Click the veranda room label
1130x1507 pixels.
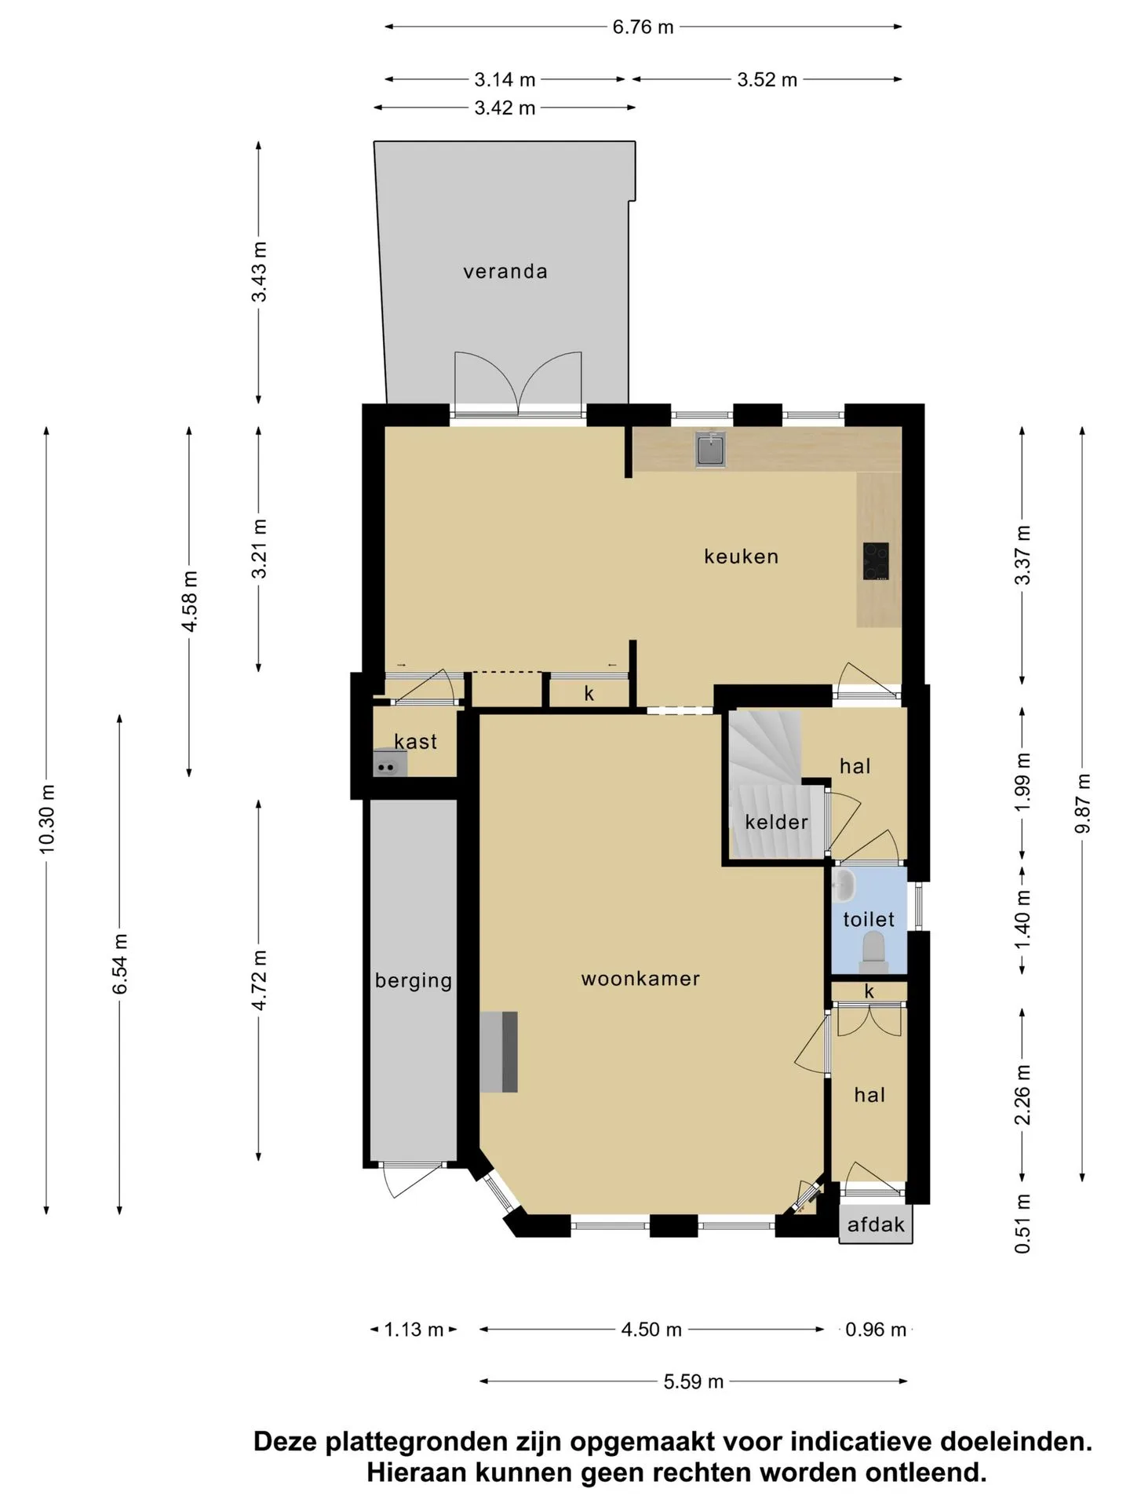[x=505, y=272]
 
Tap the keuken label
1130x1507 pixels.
[x=742, y=556]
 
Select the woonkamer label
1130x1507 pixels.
[x=640, y=979]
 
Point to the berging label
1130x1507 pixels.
[x=414, y=981]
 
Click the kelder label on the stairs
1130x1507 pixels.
[x=776, y=822]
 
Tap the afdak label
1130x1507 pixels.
[x=876, y=1224]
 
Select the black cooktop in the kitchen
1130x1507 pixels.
[x=876, y=561]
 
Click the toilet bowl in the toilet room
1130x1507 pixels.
[x=873, y=949]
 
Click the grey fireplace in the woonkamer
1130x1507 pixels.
[x=499, y=1052]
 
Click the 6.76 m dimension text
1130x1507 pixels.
[x=643, y=27]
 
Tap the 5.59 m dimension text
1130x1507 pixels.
[x=693, y=1381]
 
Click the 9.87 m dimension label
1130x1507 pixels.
[x=1083, y=804]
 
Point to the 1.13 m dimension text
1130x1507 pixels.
[x=414, y=1330]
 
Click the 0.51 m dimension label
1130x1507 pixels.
[x=1022, y=1223]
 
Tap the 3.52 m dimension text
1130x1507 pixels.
[x=767, y=79]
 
